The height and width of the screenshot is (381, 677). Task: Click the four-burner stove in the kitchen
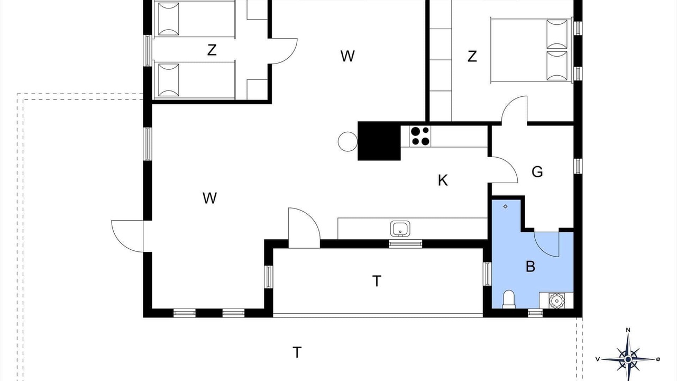[420, 137]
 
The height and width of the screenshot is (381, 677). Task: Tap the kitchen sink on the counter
[400, 229]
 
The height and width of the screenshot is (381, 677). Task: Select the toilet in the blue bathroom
[509, 300]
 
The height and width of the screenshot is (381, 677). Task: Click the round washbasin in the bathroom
[556, 301]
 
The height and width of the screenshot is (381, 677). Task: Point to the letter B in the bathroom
[530, 267]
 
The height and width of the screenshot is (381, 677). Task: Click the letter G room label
[537, 172]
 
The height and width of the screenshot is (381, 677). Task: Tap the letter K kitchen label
[443, 180]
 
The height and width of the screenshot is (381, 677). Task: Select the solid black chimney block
[379, 141]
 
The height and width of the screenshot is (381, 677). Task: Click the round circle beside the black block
[347, 141]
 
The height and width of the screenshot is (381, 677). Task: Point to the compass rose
[628, 359]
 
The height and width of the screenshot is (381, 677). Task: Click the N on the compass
[628, 330]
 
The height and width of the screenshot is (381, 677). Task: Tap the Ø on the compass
[658, 359]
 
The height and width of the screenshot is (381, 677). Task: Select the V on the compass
[598, 359]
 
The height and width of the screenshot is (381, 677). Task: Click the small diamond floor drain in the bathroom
[505, 206]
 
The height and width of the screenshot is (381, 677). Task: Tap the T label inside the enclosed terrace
[377, 281]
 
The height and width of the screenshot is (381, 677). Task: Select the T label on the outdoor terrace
[297, 352]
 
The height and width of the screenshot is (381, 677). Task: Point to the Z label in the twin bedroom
[212, 50]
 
